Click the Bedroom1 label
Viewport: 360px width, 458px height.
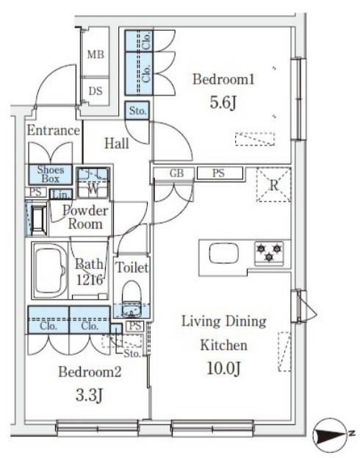tap(223, 79)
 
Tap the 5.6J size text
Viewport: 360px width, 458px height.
tap(223, 102)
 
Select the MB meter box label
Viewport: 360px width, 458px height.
tap(96, 54)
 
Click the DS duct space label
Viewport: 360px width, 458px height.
tap(96, 91)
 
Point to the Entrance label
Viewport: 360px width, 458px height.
tap(54, 130)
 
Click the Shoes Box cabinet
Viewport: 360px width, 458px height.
tap(50, 174)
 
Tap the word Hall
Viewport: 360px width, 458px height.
tap(117, 143)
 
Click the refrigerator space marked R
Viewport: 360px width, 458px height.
tap(273, 185)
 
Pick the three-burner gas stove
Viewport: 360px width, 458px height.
tap(269, 252)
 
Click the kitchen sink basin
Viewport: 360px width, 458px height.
tap(223, 253)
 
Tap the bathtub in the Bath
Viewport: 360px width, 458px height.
tap(50, 271)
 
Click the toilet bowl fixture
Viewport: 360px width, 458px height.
tap(132, 298)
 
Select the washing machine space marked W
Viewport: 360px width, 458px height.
tap(93, 183)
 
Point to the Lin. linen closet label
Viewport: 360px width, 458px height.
tap(61, 195)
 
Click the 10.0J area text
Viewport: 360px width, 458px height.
tap(223, 368)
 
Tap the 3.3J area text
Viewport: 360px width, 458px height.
tap(89, 396)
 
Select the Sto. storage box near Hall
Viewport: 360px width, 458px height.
tap(137, 111)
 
